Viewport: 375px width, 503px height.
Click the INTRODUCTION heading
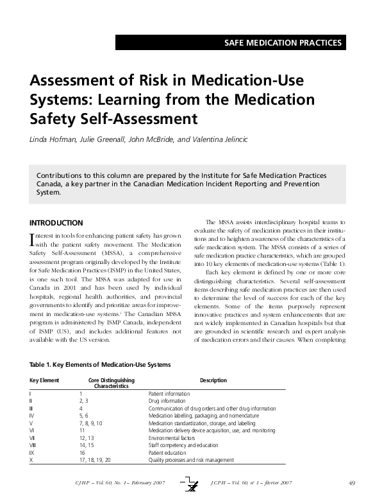[56, 223]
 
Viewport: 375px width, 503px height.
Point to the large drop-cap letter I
[33, 240]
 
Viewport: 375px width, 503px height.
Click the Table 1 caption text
[100, 364]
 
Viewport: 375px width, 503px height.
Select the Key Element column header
[44, 380]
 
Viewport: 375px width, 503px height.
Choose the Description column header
[213, 380]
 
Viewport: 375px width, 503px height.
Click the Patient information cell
[169, 394]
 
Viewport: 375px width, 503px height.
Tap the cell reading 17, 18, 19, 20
[95, 461]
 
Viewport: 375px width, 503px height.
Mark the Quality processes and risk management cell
[191, 461]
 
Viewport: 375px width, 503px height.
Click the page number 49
[352, 482]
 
